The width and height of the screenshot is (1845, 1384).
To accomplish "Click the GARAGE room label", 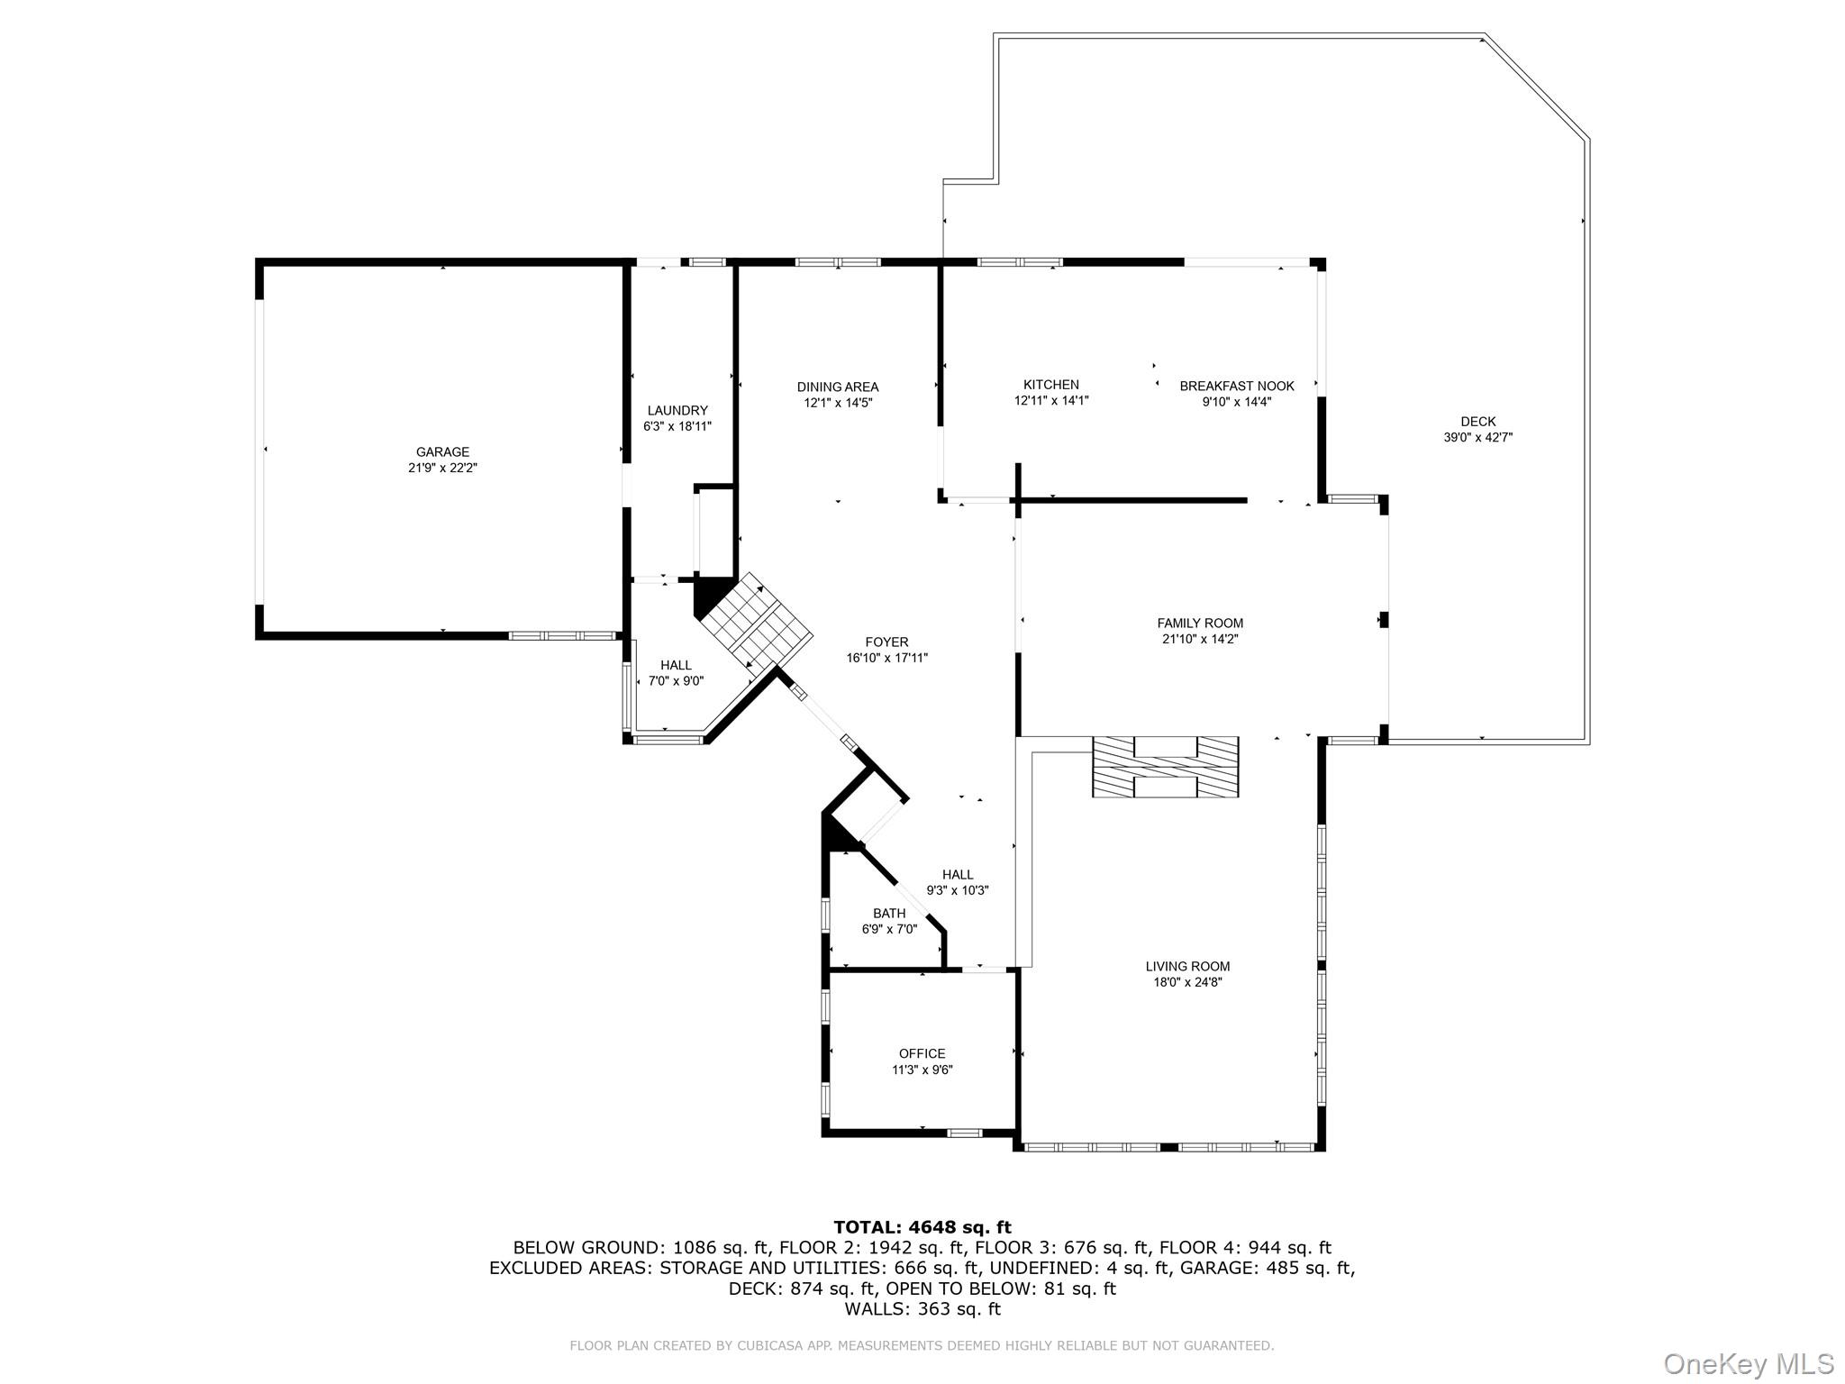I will pyautogui.click(x=442, y=452).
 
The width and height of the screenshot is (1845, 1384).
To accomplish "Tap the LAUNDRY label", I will pyautogui.click(x=677, y=411).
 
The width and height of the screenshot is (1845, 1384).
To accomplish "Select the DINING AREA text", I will pyautogui.click(x=837, y=387).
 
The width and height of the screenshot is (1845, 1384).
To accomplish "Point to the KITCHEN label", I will pyautogui.click(x=1050, y=385).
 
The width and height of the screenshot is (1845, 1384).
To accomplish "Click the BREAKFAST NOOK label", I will pyautogui.click(x=1236, y=387).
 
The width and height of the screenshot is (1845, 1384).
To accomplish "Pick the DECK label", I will pyautogui.click(x=1477, y=422).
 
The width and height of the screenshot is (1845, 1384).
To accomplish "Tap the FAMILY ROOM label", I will pyautogui.click(x=1200, y=624).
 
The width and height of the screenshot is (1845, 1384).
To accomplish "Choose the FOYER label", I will pyautogui.click(x=886, y=642).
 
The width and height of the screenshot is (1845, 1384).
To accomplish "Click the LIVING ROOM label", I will pyautogui.click(x=1187, y=967).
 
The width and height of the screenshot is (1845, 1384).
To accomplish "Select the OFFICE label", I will pyautogui.click(x=922, y=1053).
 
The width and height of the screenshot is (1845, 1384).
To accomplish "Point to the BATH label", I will pyautogui.click(x=888, y=914).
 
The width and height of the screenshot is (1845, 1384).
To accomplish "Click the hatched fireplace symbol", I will pyautogui.click(x=1165, y=767).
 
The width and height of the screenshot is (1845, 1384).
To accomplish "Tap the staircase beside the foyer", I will pyautogui.click(x=757, y=622).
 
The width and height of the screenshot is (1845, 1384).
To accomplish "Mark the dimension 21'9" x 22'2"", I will pyautogui.click(x=442, y=469).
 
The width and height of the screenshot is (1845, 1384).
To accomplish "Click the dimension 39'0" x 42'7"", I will pyautogui.click(x=1477, y=438).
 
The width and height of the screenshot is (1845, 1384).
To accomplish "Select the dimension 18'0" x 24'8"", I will pyautogui.click(x=1187, y=983).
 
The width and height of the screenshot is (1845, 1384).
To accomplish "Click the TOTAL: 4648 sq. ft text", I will pyautogui.click(x=922, y=1227).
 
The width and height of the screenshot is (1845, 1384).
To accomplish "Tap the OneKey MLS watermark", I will pyautogui.click(x=1748, y=1363).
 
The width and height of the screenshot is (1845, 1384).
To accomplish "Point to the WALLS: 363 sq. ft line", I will pyautogui.click(x=922, y=1309).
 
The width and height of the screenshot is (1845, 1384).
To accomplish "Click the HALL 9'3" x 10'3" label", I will pyautogui.click(x=958, y=882).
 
